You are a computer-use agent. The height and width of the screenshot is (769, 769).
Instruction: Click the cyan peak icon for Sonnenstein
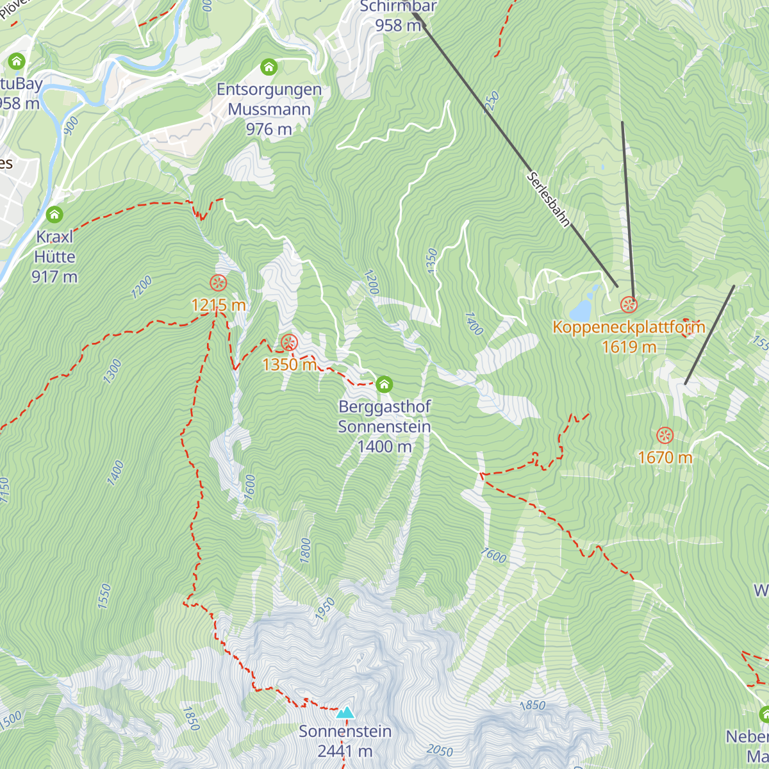pos(345,713)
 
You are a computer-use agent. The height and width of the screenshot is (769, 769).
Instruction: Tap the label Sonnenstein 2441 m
pos(345,741)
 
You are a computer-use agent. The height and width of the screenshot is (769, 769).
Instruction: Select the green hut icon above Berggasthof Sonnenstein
pos(384,384)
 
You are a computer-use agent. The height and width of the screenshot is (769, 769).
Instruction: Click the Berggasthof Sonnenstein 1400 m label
pos(384,426)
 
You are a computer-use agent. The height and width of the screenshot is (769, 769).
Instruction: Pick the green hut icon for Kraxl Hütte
pos(54,215)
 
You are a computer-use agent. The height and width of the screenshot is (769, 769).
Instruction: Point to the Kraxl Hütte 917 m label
pos(54,256)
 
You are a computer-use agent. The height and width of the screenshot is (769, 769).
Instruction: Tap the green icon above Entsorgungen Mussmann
pos(269,67)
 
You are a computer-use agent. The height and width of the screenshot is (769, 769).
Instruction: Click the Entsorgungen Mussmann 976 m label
pos(269,109)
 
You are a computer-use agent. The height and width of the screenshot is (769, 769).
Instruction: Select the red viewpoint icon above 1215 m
pos(218,283)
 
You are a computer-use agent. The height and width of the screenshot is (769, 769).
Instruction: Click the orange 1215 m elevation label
pos(219,305)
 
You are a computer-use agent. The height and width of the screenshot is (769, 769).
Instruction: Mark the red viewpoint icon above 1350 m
pos(289,342)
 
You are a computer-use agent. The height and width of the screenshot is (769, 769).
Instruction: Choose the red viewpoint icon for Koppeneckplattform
pos(629,304)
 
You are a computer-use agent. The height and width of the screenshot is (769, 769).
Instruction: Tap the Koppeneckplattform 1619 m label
pos(629,336)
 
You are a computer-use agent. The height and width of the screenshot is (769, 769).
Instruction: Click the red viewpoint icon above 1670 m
pos(665,436)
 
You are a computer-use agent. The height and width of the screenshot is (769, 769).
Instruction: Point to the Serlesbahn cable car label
pos(549,199)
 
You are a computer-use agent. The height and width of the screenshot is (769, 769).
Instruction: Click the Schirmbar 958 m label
pos(398,16)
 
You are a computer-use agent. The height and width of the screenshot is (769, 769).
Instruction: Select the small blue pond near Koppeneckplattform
pos(582,310)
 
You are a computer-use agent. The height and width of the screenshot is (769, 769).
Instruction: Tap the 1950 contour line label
pos(325,609)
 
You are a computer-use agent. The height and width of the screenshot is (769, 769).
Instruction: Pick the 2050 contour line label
pos(440,750)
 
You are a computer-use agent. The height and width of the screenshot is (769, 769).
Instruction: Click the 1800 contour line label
pos(306,550)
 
